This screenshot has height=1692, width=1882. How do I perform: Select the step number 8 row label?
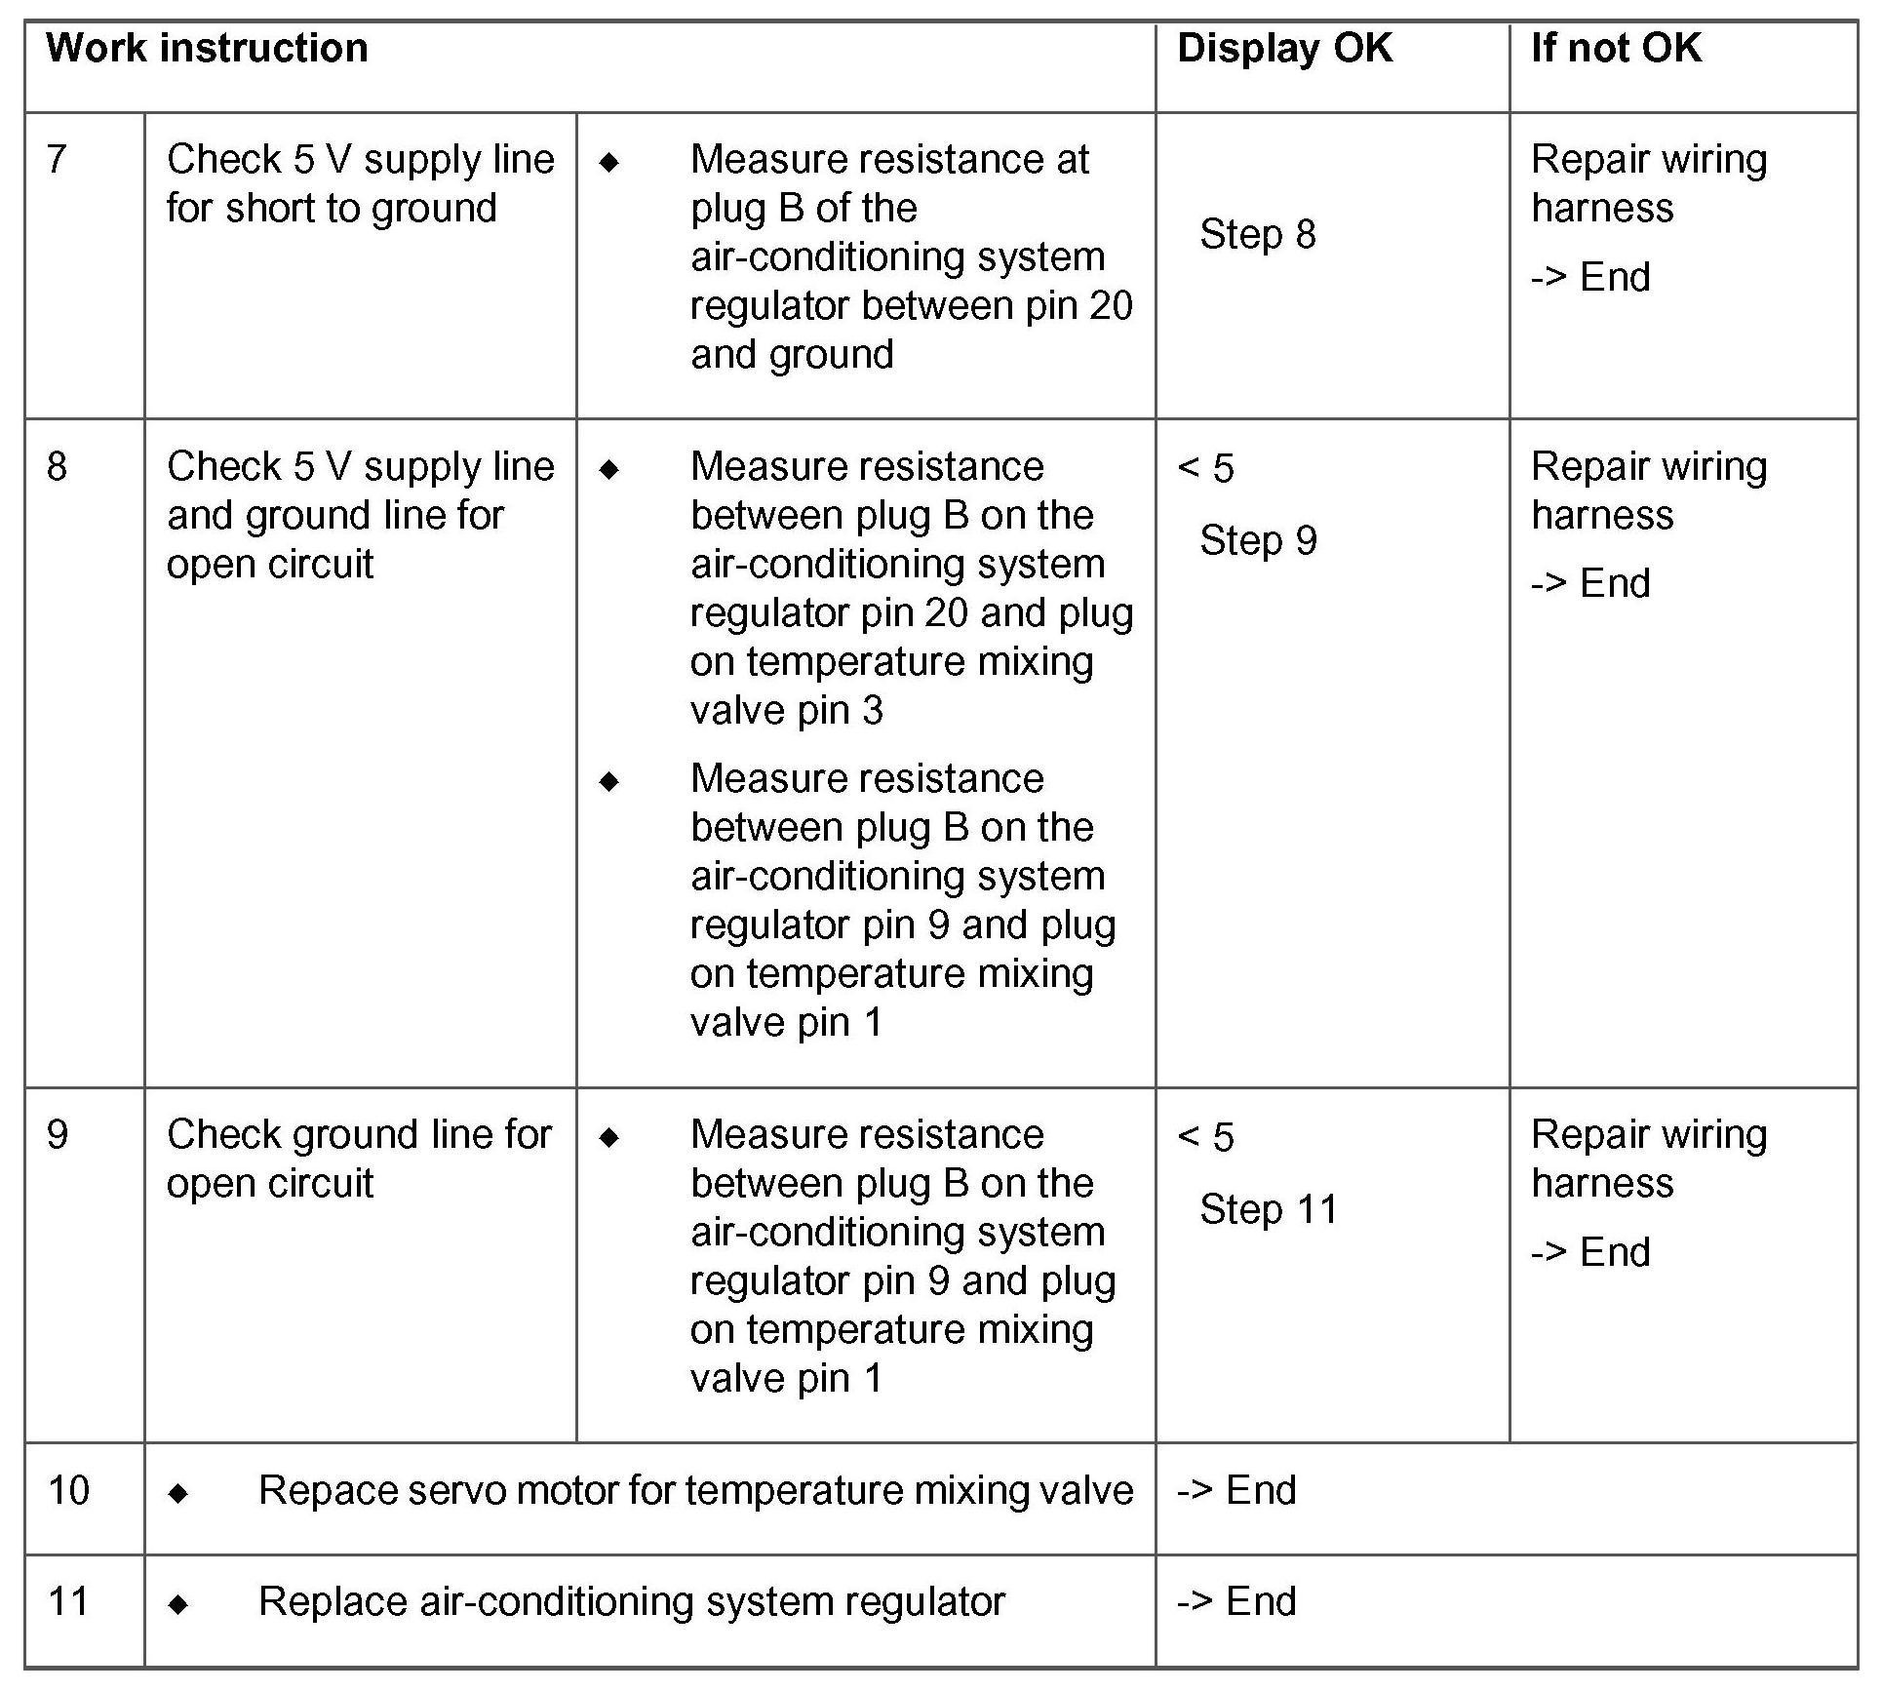pos(57,466)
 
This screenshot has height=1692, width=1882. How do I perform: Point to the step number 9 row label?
pos(57,1134)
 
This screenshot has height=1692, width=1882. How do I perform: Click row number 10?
pos(68,1490)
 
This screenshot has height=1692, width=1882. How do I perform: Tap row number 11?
pos(68,1601)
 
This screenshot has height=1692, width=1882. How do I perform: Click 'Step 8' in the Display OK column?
pos(1257,234)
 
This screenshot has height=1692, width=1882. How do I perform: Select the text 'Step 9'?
pos(1258,540)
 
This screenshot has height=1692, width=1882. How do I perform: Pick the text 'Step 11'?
pos(1269,1209)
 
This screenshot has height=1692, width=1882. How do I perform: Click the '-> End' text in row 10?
pos(1236,1490)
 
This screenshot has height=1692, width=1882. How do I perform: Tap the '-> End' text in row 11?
pos(1236,1601)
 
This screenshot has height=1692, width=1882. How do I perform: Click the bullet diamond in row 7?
pos(609,162)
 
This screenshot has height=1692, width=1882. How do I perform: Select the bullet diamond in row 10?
pos(178,1493)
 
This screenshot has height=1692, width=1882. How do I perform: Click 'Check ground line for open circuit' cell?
pos(359,1159)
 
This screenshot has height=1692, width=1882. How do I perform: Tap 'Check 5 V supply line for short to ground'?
pos(360,183)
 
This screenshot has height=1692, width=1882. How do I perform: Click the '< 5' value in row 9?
pos(1205,1137)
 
